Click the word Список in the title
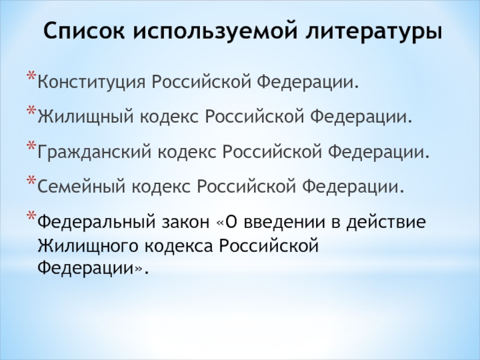pos(84,31)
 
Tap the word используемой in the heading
pos(215,31)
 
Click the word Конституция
pos(91,82)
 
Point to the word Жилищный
pos(86,117)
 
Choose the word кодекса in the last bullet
pos(178,246)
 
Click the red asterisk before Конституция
pos(32,76)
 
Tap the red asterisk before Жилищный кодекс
pos(32,110)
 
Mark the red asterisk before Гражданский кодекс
pos(32,146)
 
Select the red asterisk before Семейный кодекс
pos(32,181)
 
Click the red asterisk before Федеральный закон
pos(32,215)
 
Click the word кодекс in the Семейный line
pos(161,186)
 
